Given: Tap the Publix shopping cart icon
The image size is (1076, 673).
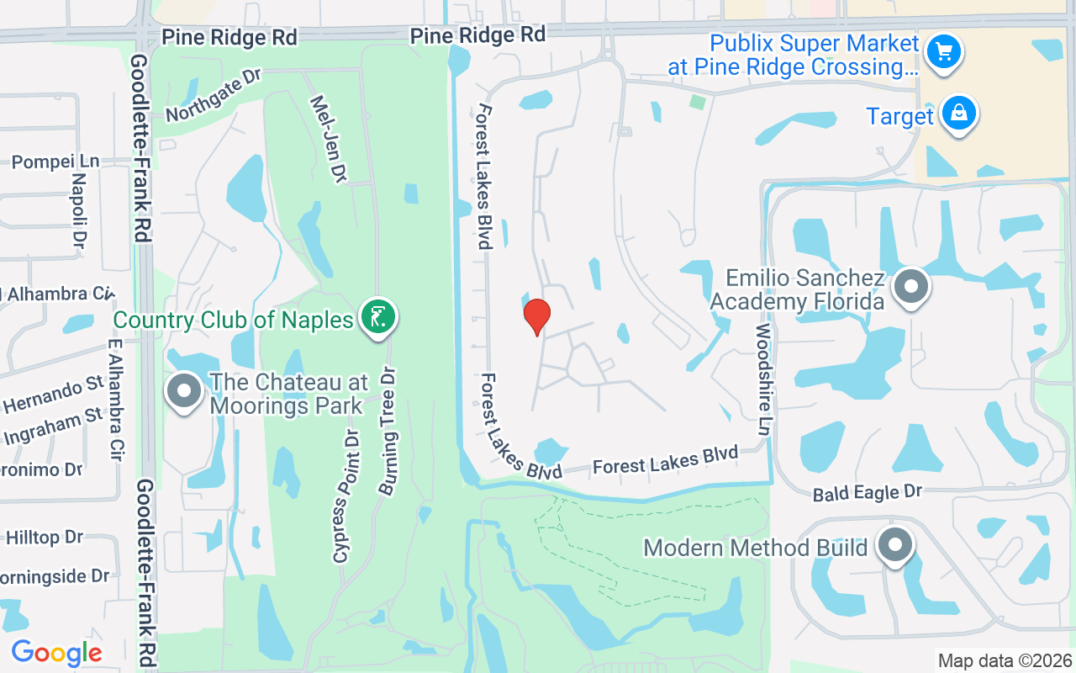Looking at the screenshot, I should [x=943, y=52].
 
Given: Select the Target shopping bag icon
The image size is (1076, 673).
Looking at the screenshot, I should [x=957, y=114].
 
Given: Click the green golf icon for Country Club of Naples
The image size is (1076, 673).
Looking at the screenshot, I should [x=377, y=318].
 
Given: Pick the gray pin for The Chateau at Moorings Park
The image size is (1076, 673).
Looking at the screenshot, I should [x=183, y=392].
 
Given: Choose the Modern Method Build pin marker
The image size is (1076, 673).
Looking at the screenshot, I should [x=894, y=546].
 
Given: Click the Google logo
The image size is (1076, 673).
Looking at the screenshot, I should [x=56, y=653].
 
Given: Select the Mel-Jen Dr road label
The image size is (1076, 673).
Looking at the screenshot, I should [x=328, y=138].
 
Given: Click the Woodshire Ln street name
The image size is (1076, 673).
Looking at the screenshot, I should [x=763, y=379].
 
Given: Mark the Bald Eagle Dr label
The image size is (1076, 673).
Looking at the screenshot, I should [x=867, y=493].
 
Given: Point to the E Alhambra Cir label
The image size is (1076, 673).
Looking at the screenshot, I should [x=116, y=400].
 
